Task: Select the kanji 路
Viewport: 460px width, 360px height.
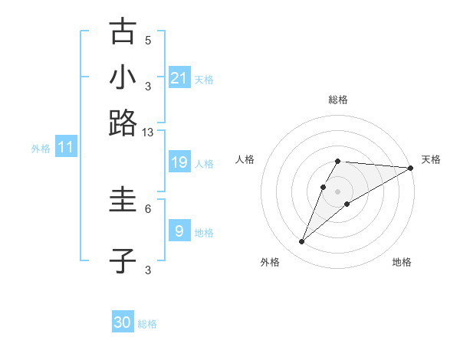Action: pos(123,123)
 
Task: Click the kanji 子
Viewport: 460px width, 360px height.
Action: pos(123,260)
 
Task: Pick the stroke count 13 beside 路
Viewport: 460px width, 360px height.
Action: pos(148,132)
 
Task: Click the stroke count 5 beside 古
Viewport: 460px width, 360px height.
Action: pos(148,40)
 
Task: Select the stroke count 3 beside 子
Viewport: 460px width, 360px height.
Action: pos(148,270)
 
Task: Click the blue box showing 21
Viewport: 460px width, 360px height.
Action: pos(179,78)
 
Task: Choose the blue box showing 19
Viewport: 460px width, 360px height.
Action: pos(179,162)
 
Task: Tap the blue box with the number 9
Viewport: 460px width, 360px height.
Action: pos(179,230)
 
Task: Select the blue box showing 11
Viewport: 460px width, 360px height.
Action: pos(65,147)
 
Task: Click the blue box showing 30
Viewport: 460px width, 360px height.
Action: pos(123,322)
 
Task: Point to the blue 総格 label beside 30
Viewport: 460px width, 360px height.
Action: pos(147,324)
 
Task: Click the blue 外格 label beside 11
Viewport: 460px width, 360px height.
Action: pos(40,149)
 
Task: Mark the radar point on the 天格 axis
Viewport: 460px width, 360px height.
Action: pos(410,168)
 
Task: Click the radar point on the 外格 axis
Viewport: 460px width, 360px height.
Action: pos(301,242)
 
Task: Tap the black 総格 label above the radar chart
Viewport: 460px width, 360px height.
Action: pos(338,100)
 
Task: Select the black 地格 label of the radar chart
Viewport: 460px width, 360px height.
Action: pos(402,262)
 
